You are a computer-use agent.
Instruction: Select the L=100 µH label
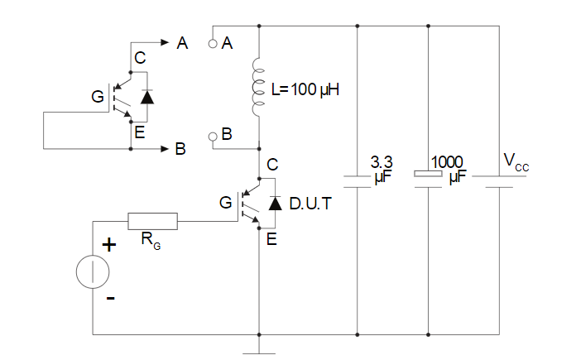305,89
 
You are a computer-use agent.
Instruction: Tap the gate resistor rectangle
152,221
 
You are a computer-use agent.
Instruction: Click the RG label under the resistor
151,241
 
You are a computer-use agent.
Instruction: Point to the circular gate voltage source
93,271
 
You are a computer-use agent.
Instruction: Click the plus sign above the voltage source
108,245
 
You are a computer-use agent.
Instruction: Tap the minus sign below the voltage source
111,298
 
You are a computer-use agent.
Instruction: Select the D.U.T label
310,204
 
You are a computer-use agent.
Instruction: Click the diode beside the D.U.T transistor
275,203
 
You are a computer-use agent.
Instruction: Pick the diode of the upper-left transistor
147,97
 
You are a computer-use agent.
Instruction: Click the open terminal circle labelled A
213,44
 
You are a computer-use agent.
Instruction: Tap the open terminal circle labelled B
213,137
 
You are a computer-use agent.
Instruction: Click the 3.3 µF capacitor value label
382,170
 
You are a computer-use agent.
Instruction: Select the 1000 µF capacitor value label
448,170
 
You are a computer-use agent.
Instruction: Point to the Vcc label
516,162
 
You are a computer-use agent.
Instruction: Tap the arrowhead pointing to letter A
165,42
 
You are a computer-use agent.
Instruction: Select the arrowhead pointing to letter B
165,149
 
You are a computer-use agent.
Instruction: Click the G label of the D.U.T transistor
226,203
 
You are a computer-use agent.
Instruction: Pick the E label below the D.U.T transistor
271,239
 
